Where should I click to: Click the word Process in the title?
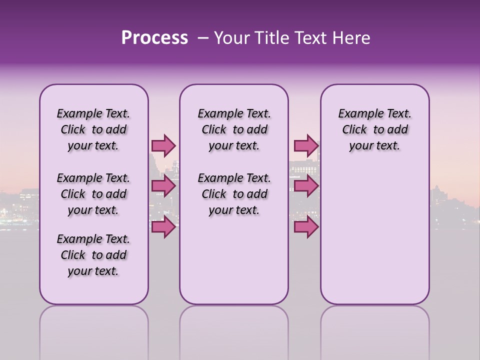154,38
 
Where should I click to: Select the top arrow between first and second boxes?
163,145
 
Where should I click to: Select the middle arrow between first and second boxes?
163,186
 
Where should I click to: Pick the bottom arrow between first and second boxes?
163,227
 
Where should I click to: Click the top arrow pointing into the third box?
305,145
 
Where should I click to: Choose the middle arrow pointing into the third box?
305,186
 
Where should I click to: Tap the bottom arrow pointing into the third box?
305,227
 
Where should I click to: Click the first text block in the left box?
93,129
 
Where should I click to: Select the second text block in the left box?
93,194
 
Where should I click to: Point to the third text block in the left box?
93,255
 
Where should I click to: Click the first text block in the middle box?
234,129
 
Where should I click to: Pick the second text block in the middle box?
234,194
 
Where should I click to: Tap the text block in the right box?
374,129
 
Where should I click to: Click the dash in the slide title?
203,38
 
